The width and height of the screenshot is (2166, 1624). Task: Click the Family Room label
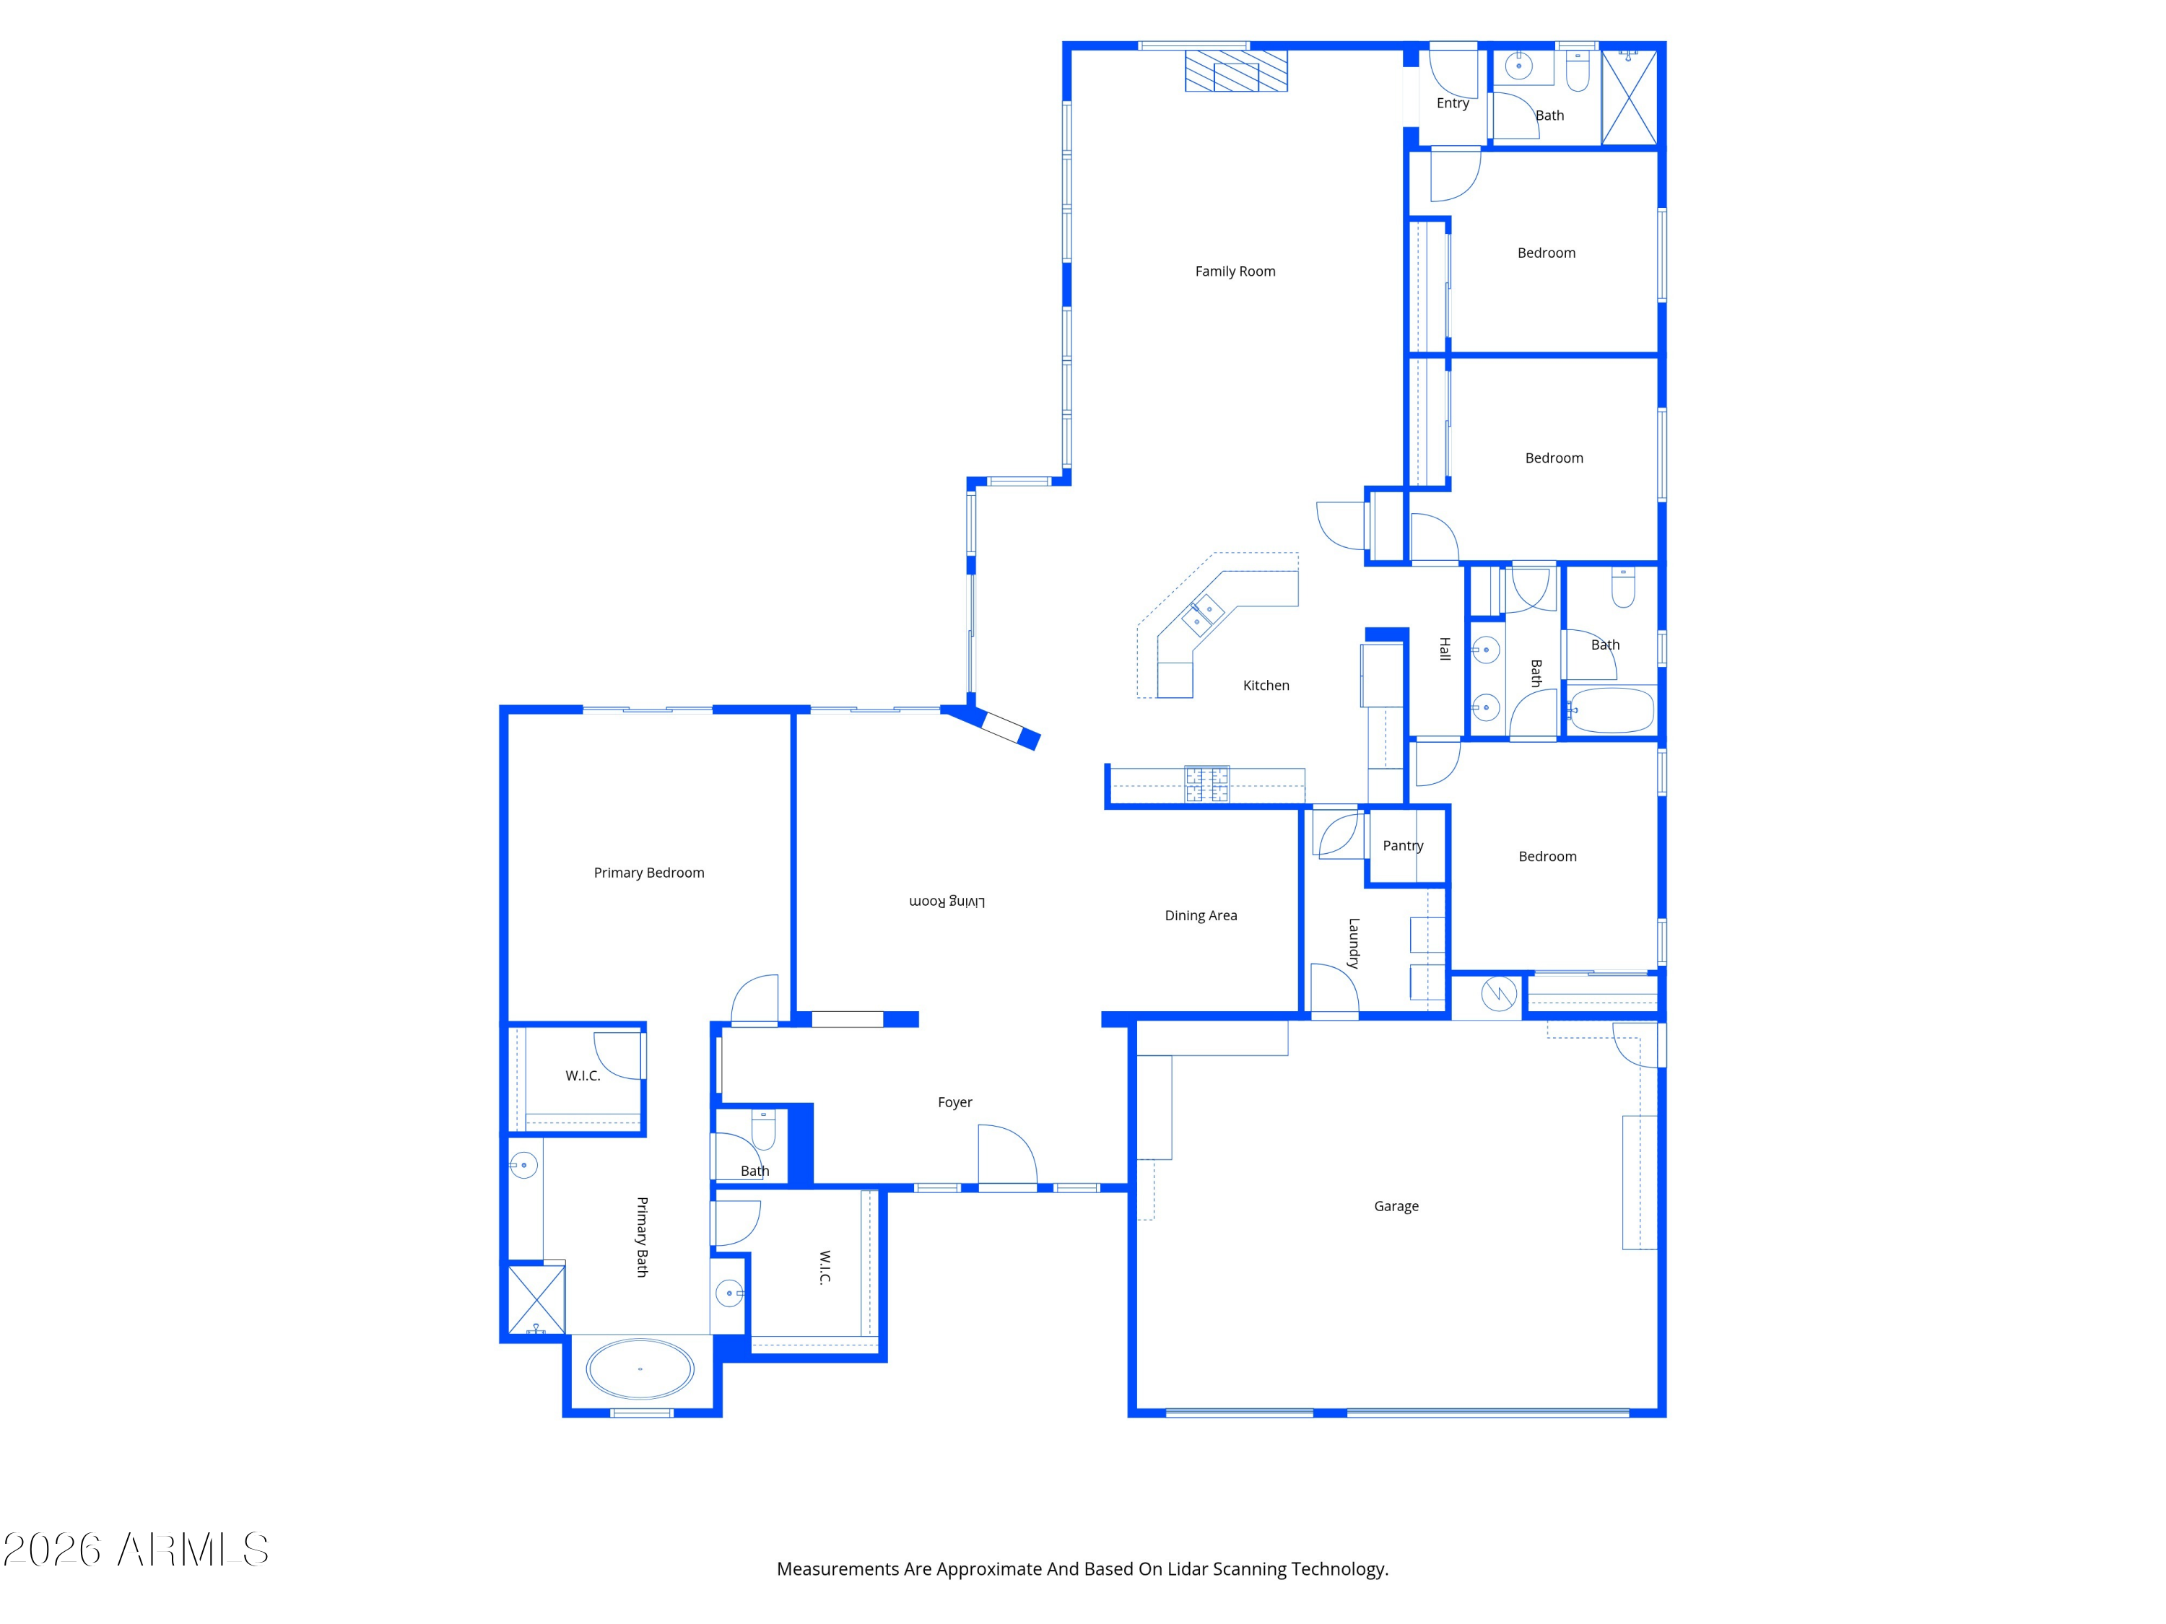tap(1235, 271)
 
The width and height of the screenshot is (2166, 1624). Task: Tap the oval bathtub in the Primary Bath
tap(640, 1368)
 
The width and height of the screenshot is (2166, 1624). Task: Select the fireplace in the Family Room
tap(1236, 71)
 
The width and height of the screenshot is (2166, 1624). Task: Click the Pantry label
tap(1402, 846)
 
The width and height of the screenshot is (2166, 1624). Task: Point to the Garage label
tap(1396, 1206)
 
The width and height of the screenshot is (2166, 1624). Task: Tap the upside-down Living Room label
tap(947, 901)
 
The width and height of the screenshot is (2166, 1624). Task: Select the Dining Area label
tap(1201, 915)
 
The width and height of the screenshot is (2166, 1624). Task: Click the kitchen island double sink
tap(1202, 615)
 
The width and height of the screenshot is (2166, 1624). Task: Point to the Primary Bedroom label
tap(648, 872)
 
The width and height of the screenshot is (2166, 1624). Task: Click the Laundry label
tap(1353, 943)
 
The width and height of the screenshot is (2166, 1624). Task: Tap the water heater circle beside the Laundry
tap(1498, 995)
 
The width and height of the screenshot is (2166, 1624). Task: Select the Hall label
tap(1444, 648)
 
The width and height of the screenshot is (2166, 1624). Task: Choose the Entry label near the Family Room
tap(1452, 102)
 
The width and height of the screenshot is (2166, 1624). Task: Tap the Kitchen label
tap(1265, 685)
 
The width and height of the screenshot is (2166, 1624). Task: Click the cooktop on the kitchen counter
tap(1206, 784)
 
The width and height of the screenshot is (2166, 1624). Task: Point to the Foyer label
tap(954, 1102)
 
